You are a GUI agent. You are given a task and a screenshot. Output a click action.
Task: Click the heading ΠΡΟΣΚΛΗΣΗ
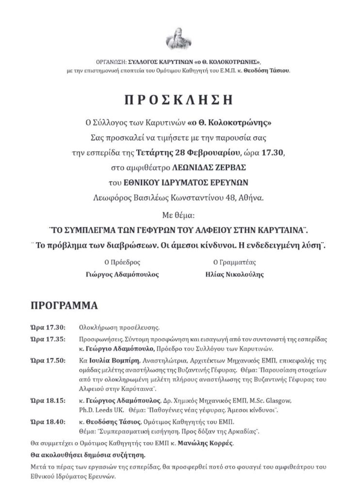tap(180, 101)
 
